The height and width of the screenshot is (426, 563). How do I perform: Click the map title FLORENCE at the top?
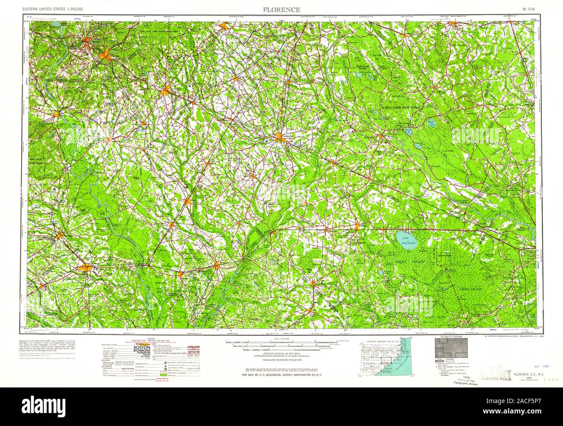pos(281,10)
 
